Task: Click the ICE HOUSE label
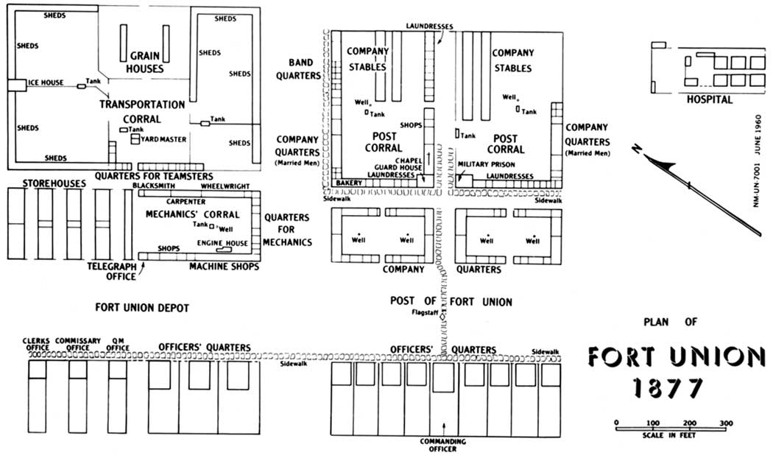pos(46,82)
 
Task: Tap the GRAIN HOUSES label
pos(144,62)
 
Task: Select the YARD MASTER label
pos(163,139)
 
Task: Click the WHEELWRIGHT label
pos(225,186)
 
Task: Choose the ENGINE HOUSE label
pos(222,243)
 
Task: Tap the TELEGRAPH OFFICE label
pos(112,271)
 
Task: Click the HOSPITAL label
pos(710,99)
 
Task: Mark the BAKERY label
pos(349,183)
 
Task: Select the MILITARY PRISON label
pos(486,165)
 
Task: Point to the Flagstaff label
pos(425,312)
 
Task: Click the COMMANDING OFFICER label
pos(442,446)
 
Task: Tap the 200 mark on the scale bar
pos(690,423)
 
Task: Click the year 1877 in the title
pos(668,387)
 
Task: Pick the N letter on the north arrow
pos(638,149)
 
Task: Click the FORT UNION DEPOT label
pos(142,308)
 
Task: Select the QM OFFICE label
pos(117,344)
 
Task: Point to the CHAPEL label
pos(409,161)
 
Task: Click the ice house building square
pos(17,85)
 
